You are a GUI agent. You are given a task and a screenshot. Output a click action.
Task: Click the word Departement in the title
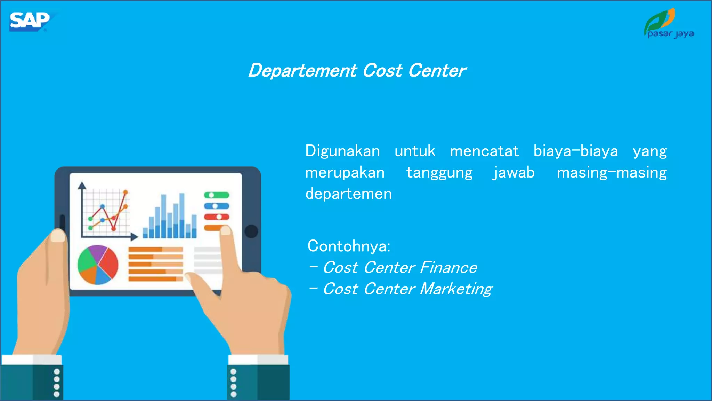click(x=302, y=71)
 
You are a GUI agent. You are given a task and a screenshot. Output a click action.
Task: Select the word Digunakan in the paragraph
click(x=342, y=151)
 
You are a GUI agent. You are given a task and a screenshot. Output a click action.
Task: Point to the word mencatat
click(x=484, y=151)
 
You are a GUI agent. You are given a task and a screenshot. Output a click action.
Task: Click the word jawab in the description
click(x=513, y=173)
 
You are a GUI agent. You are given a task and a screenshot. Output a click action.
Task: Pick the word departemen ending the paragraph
click(x=348, y=194)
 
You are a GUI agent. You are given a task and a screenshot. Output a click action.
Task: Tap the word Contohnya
click(x=349, y=246)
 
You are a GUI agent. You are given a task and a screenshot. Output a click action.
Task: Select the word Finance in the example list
click(x=448, y=268)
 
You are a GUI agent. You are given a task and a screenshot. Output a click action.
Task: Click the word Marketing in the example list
click(x=456, y=289)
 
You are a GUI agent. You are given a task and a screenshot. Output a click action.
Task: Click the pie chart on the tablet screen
click(x=98, y=265)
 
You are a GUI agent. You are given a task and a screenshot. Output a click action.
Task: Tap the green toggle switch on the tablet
click(x=216, y=195)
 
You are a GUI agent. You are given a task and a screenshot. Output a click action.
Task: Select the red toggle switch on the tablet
click(x=216, y=217)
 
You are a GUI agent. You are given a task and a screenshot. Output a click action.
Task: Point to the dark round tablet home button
click(x=251, y=231)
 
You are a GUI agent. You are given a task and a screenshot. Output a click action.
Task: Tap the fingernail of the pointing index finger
click(x=226, y=230)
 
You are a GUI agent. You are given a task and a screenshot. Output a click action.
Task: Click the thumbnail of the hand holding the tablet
click(x=58, y=236)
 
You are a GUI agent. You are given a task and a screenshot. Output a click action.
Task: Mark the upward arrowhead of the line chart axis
click(x=82, y=185)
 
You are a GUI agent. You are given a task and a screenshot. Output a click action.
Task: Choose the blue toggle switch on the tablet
click(x=216, y=206)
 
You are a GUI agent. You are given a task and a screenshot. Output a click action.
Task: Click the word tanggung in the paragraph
click(x=439, y=173)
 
